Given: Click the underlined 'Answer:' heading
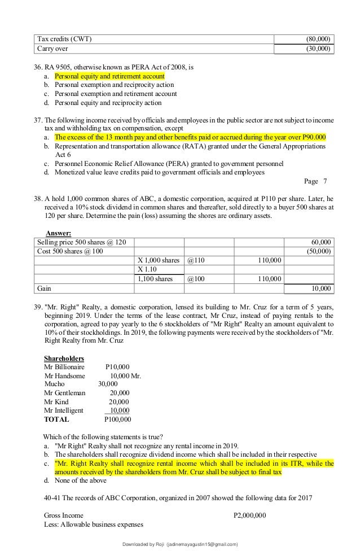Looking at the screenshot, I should coord(58,233).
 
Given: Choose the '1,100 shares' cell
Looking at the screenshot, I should coord(155,279).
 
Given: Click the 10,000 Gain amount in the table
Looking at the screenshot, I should coord(322,288).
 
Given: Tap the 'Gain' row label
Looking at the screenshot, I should coord(45,288).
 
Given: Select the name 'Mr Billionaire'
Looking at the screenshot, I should coord(66,367).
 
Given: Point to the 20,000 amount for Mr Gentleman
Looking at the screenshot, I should coord(119,393).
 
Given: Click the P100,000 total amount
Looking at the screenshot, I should coord(117,419).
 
